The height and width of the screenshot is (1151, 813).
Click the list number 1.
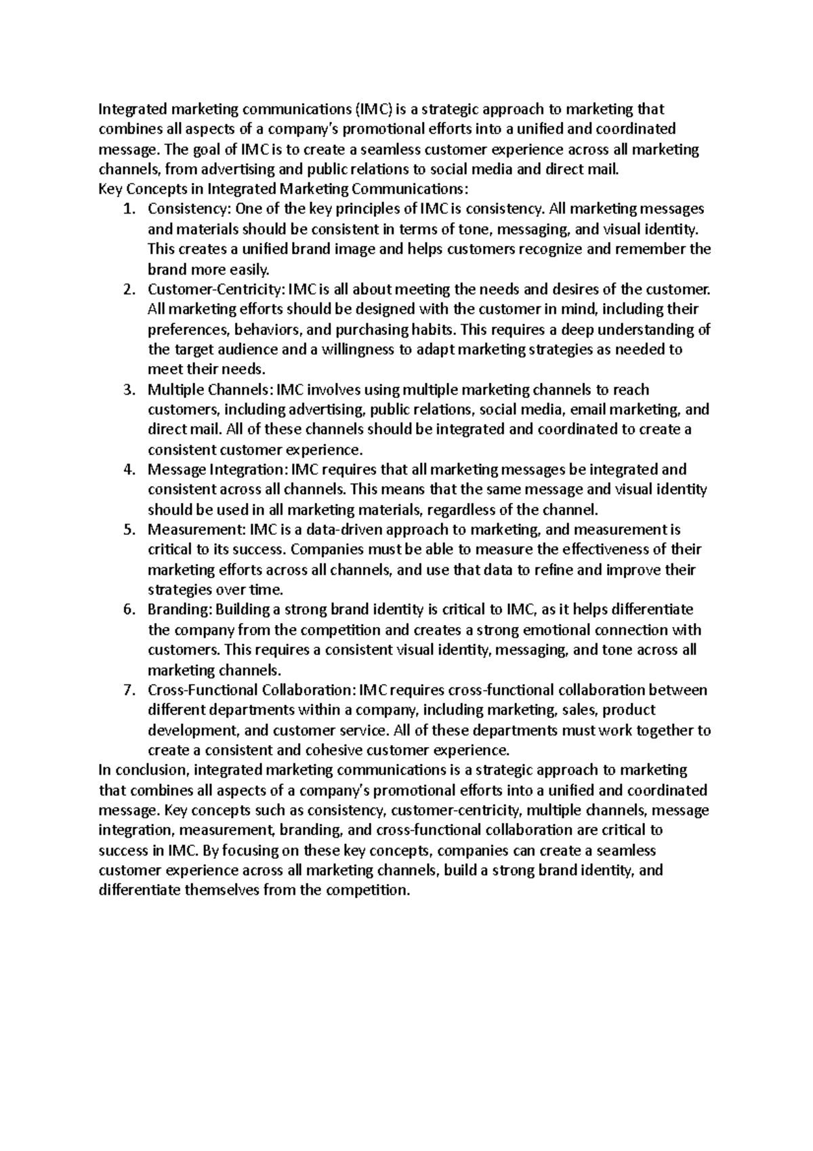pos(128,209)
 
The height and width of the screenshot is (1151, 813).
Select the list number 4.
pos(128,470)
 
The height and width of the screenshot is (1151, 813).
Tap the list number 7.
pos(128,691)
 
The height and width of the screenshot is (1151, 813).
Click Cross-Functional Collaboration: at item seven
pos(251,691)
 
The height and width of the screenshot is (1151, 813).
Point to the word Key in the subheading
pos(109,189)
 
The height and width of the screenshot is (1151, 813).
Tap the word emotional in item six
pos(568,630)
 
